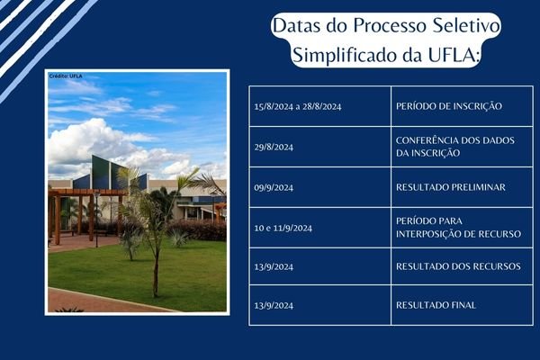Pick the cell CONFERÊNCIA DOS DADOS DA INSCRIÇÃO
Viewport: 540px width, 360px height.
pos(441,147)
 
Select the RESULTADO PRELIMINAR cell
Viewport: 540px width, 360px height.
pos(450,187)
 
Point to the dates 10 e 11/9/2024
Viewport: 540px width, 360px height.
pos(283,228)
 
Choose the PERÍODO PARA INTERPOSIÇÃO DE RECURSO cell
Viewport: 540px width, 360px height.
pos(457,228)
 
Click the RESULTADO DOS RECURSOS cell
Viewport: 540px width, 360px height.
pos(455,266)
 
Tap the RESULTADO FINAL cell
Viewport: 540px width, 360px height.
pos(436,305)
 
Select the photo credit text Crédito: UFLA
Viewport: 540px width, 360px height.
pos(65,76)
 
